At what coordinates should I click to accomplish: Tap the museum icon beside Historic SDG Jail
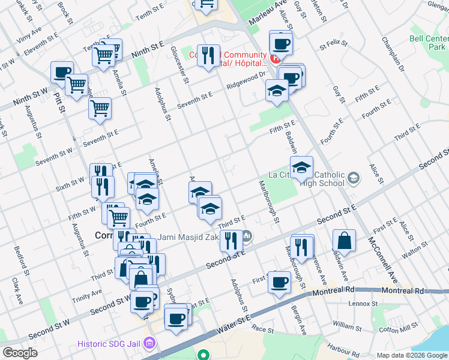click(x=149, y=344)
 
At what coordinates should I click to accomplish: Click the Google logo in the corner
click(x=20, y=353)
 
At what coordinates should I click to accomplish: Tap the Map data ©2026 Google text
click(x=411, y=355)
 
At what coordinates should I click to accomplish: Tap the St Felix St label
click(x=334, y=45)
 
